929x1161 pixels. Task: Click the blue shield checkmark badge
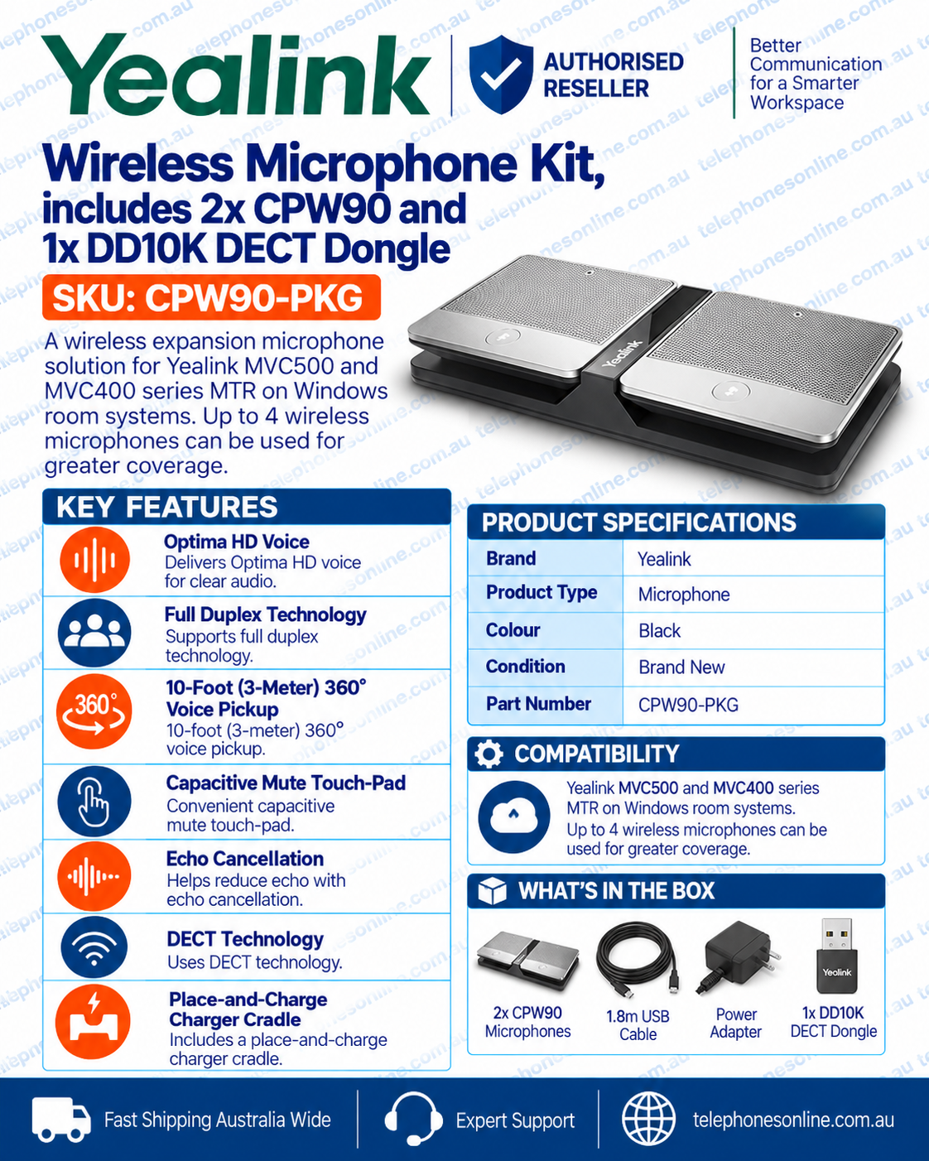(501, 75)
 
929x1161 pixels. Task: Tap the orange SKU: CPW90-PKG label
(211, 297)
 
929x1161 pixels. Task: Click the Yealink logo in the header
(236, 75)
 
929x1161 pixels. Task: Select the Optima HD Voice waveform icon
(94, 560)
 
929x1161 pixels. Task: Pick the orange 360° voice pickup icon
(94, 711)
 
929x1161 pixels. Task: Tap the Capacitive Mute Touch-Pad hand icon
(94, 801)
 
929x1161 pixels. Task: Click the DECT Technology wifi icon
(94, 947)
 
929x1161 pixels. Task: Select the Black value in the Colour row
(659, 631)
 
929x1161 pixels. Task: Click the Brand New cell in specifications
(681, 667)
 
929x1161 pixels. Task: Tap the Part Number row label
(538, 704)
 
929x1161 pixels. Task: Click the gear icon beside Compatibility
(489, 754)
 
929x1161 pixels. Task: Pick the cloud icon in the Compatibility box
(513, 817)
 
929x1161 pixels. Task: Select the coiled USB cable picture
(638, 960)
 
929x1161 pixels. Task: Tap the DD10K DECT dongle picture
(836, 956)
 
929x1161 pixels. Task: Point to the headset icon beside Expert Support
(413, 1118)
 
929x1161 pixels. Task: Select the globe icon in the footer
(648, 1119)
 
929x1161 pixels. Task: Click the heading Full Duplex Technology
(266, 614)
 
